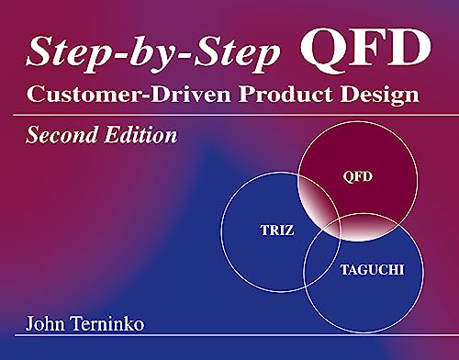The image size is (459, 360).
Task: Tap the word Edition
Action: [139, 137]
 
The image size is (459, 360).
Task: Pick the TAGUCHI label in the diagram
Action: [366, 273]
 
